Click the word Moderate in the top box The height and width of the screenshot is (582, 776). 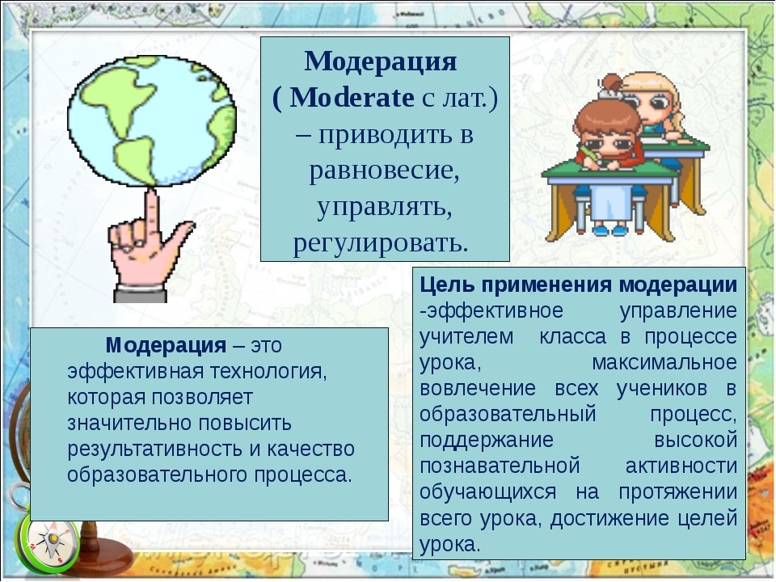pos(352,98)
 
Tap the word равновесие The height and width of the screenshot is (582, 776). pos(385,171)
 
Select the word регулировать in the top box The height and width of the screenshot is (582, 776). pos(381,242)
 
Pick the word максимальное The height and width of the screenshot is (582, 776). pos(664,363)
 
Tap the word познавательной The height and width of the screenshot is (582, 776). pos(500,466)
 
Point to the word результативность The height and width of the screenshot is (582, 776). pos(154,449)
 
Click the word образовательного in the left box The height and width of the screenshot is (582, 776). pos(158,475)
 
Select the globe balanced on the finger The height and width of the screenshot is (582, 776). pos(151,121)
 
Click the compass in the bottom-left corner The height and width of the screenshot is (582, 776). pos(48,544)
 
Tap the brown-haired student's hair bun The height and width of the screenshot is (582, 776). pos(612,85)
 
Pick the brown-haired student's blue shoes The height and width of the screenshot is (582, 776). pos(610,230)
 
